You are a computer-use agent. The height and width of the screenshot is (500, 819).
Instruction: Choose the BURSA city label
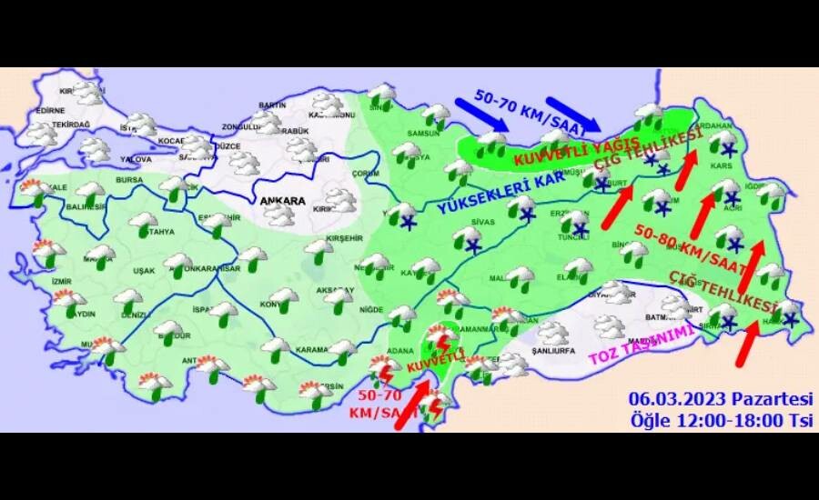click(x=127, y=181)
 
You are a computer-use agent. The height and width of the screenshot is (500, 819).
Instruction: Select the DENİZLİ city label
click(x=132, y=314)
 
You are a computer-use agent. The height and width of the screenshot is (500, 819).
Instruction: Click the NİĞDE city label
click(x=370, y=309)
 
